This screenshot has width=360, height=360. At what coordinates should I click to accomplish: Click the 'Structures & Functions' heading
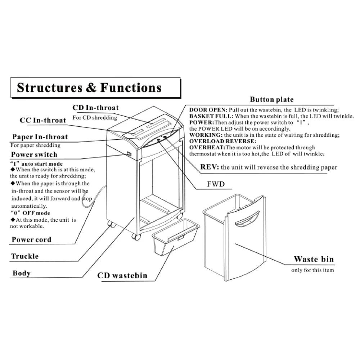(89, 88)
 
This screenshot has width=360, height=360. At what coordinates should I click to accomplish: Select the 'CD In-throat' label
(95, 108)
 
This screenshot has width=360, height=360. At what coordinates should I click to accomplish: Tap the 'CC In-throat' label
(43, 120)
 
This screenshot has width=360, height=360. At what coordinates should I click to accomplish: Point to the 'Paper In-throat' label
(40, 137)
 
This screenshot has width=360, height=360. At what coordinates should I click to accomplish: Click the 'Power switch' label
(34, 155)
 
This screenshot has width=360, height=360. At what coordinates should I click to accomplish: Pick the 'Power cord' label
(31, 240)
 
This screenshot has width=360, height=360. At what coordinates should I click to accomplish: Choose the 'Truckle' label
(25, 256)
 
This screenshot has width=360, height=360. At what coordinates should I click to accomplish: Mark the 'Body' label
(22, 273)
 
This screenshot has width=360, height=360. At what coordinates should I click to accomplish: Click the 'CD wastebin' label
(122, 276)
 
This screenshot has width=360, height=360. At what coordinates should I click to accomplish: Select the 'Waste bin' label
(314, 259)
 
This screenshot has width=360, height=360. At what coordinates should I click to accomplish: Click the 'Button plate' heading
(272, 100)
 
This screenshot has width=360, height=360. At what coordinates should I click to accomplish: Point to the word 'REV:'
(210, 167)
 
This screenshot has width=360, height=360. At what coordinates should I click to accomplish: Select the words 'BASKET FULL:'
(211, 116)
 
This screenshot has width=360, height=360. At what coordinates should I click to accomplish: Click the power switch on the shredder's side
(129, 155)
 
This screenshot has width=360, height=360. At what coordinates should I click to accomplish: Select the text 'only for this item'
(312, 270)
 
